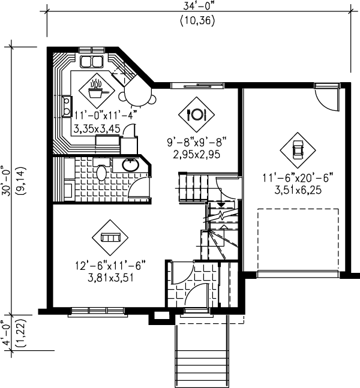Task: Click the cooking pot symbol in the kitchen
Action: click(96, 90)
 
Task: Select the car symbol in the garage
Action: click(296, 149)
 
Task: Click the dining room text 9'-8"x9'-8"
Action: click(197, 143)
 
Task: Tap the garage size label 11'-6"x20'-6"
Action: click(296, 178)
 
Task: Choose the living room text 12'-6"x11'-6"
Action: click(110, 264)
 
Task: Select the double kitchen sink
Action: click(91, 61)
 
